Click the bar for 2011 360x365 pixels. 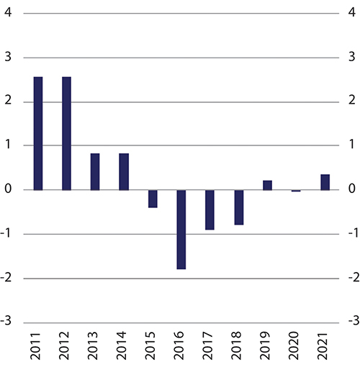pos(38,133)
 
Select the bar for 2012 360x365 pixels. pos(67,133)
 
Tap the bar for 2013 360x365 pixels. pos(95,172)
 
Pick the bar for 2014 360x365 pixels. pos(124,172)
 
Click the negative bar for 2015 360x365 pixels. pos(153,199)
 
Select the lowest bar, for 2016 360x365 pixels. pos(181,230)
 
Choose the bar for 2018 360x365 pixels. pos(238,207)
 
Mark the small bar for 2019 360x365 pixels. pos(267,186)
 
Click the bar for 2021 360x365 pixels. pos(325,182)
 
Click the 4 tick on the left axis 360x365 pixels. pos(8,14)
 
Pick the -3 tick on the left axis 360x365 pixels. pos(6,323)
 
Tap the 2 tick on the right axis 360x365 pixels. pos(351,102)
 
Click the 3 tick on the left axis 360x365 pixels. pos(8,58)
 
